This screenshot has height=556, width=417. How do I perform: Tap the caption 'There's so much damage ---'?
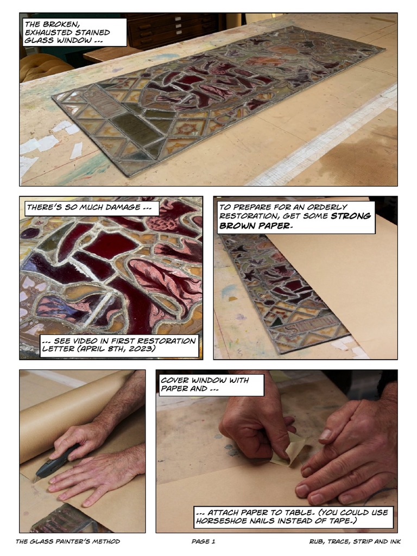pyautogui.click(x=93, y=207)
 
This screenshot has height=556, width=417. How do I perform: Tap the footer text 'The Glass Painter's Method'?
pyautogui.click(x=68, y=541)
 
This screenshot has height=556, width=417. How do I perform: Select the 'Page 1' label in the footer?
pyautogui.click(x=203, y=541)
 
